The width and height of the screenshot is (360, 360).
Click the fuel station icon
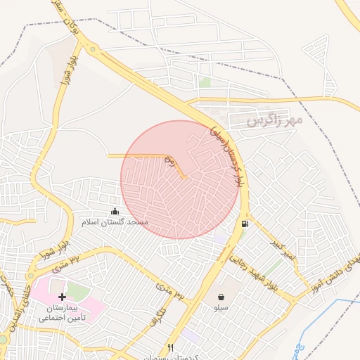(x=245, y=224)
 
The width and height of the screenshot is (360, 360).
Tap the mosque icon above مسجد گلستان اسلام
(x=115, y=212)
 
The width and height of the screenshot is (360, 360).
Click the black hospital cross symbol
(x=62, y=297)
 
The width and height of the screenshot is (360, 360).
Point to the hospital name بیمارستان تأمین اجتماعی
(x=60, y=313)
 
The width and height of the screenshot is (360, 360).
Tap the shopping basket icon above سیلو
(x=221, y=297)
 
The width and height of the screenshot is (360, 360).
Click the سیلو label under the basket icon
(x=221, y=308)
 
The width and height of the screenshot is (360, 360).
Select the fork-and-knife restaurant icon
(x=170, y=347)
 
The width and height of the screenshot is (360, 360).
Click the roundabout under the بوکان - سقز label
(x=92, y=49)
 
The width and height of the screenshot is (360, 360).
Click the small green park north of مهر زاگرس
(x=205, y=82)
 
